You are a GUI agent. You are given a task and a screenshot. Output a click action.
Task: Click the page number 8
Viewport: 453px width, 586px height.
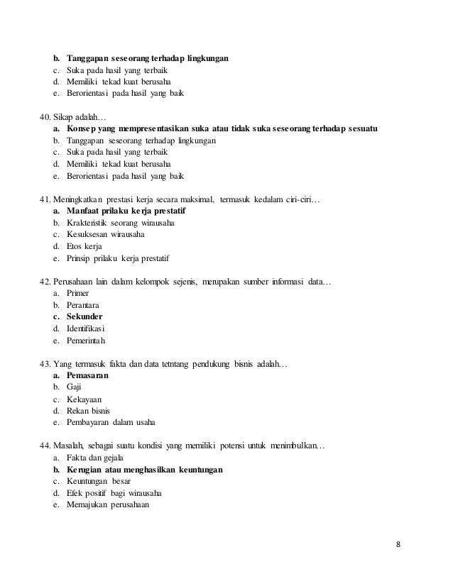coord(398,545)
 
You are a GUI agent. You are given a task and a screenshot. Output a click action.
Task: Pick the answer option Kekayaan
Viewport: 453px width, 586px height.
coord(82,399)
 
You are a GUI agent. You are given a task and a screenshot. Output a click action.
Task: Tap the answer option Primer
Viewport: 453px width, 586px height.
coord(77,293)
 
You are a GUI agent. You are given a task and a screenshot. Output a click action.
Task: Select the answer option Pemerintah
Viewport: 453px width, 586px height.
coord(86,341)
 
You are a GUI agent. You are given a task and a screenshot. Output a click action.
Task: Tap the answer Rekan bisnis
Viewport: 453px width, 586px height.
coord(88,411)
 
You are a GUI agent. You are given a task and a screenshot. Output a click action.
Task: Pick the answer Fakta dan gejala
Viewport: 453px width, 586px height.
coord(93,458)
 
